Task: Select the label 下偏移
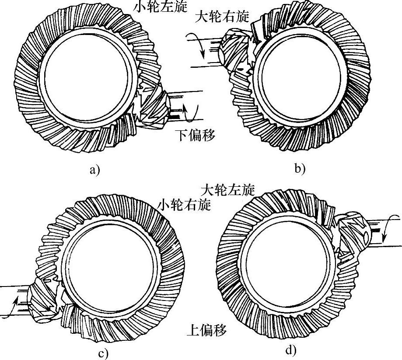pos(196,135)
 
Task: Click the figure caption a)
pos(94,170)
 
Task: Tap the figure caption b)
pos(299,168)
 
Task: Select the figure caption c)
pos(103,353)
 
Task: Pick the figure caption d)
pos(291,350)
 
